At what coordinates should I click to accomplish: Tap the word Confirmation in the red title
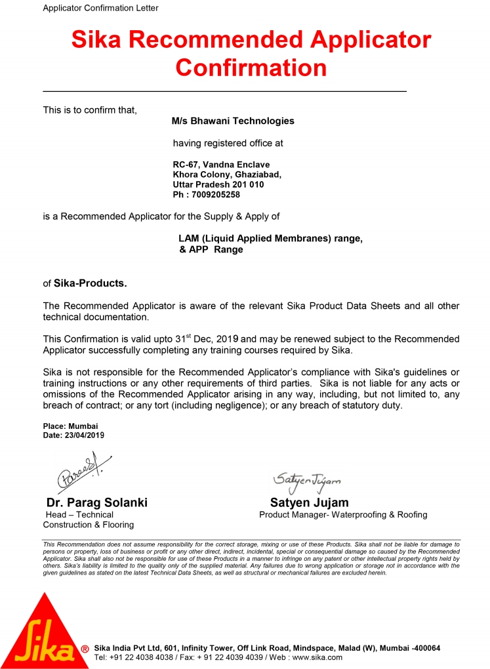[251, 67]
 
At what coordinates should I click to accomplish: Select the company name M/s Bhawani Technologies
[233, 121]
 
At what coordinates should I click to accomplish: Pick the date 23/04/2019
[83, 435]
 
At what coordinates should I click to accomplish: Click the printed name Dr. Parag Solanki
[95, 502]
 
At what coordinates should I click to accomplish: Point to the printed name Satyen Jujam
[309, 502]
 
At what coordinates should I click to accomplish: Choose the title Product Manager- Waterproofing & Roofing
[343, 515]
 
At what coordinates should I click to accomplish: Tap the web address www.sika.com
[317, 657]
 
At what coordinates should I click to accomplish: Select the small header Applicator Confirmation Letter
[100, 8]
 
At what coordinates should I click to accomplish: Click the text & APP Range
[211, 249]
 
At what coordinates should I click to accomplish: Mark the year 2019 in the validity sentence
[230, 339]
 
